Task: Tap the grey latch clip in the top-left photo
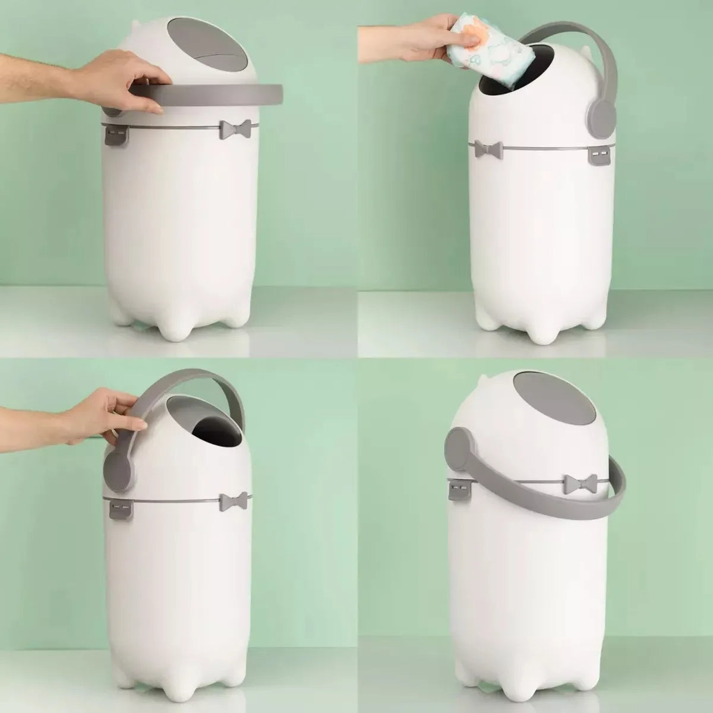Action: click(116, 135)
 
